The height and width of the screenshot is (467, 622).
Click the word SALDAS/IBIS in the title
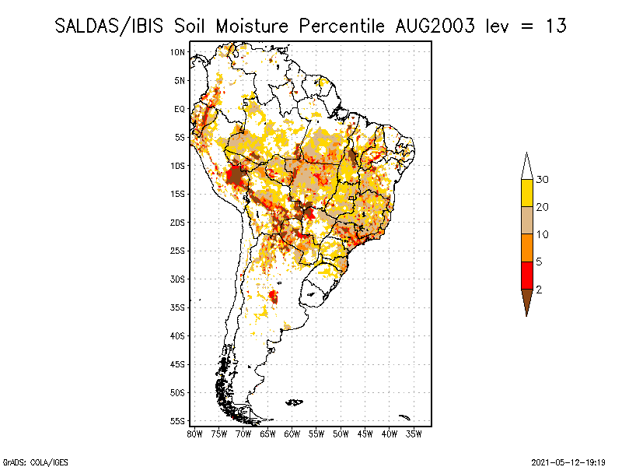pyautogui.click(x=109, y=26)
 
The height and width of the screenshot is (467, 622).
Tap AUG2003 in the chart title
pyautogui.click(x=435, y=26)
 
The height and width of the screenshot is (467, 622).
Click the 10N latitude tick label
pyautogui.click(x=177, y=52)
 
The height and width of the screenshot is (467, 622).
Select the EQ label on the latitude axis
pyautogui.click(x=180, y=109)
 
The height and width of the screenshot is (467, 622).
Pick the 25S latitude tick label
pyautogui.click(x=177, y=251)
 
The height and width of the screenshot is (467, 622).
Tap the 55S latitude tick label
pyautogui.click(x=177, y=421)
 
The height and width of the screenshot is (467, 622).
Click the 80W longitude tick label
pyautogui.click(x=194, y=434)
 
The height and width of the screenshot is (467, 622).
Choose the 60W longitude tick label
pyautogui.click(x=292, y=434)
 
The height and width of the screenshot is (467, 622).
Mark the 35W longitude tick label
pyautogui.click(x=414, y=434)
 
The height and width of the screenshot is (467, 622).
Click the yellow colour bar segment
pyautogui.click(x=527, y=193)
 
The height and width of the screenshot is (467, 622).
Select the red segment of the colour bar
pyautogui.click(x=527, y=276)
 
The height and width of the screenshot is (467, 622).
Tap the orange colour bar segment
pyautogui.click(x=527, y=248)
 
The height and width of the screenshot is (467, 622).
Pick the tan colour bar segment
pyautogui.click(x=527, y=220)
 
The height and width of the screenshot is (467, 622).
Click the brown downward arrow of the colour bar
pyautogui.click(x=527, y=300)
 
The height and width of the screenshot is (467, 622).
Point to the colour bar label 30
pyautogui.click(x=542, y=180)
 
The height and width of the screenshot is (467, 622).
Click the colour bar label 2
pyautogui.click(x=539, y=290)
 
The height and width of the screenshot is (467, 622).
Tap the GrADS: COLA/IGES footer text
pyautogui.click(x=36, y=462)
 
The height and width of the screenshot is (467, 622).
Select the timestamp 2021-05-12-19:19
pyautogui.click(x=568, y=462)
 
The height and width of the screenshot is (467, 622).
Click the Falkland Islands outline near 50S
pyautogui.click(x=295, y=402)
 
